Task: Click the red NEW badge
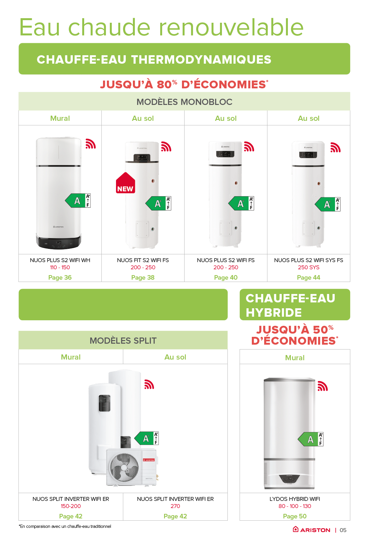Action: (125, 183)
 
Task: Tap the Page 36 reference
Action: (60, 277)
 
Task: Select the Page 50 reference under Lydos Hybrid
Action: (295, 516)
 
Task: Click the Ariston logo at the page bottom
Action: (311, 530)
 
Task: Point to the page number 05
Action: (343, 530)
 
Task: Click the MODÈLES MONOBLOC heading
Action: (184, 102)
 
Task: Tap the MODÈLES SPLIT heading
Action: (123, 340)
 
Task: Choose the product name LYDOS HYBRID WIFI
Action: (295, 499)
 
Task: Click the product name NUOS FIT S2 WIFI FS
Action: (143, 260)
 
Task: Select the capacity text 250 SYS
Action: (309, 267)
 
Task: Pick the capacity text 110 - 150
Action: (60, 267)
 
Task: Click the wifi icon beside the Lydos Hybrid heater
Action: (322, 386)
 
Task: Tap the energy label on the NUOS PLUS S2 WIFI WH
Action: (78, 200)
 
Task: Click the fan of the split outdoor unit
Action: (123, 467)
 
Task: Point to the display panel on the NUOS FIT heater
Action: (142, 158)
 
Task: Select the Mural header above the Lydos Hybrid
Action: (295, 358)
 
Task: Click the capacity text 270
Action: (175, 506)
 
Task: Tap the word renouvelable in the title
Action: (231, 27)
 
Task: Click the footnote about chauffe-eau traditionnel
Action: (65, 526)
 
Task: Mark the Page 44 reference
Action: (309, 277)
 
